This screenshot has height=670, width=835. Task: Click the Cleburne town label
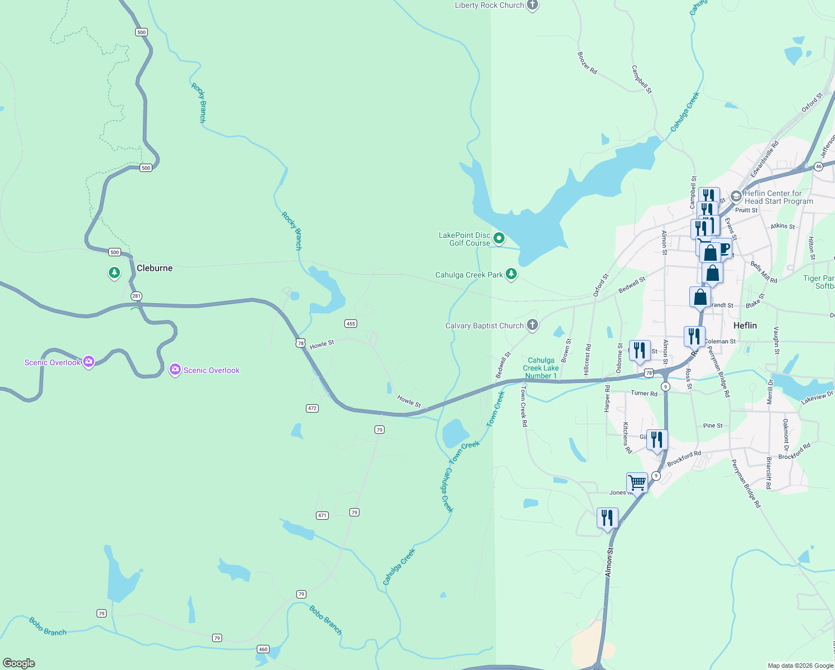click(155, 268)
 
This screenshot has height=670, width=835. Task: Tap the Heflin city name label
click(745, 326)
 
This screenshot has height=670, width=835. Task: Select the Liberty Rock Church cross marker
click(532, 6)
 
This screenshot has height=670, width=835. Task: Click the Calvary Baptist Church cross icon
click(532, 325)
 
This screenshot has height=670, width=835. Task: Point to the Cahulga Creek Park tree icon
click(511, 274)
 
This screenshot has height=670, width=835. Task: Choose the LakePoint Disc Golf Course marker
click(499, 239)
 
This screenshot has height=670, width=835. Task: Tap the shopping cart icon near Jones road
click(637, 482)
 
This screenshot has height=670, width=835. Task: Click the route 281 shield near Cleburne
click(137, 296)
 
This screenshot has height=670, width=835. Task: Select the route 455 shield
click(351, 324)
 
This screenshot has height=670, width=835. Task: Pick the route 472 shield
click(312, 409)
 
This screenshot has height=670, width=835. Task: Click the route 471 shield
click(323, 515)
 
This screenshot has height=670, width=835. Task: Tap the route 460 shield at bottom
click(263, 649)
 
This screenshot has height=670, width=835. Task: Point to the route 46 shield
click(818, 166)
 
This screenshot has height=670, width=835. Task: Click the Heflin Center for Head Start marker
click(736, 197)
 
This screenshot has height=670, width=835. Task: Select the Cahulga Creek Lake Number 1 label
click(540, 368)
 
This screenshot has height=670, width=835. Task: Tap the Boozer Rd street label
click(587, 63)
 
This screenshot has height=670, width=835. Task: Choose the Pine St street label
click(713, 425)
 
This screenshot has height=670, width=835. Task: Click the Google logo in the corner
click(19, 663)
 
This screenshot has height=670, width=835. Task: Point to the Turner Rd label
click(644, 393)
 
